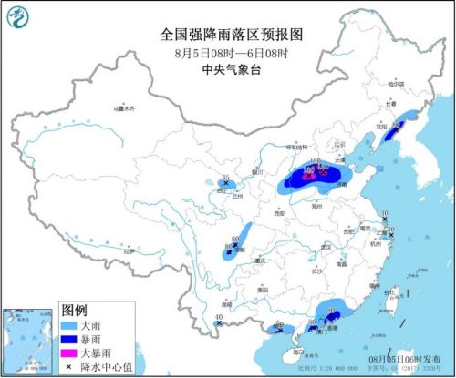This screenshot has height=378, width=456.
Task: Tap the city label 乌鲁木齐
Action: point(124,107)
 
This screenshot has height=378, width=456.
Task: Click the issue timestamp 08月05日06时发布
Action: point(404,360)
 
